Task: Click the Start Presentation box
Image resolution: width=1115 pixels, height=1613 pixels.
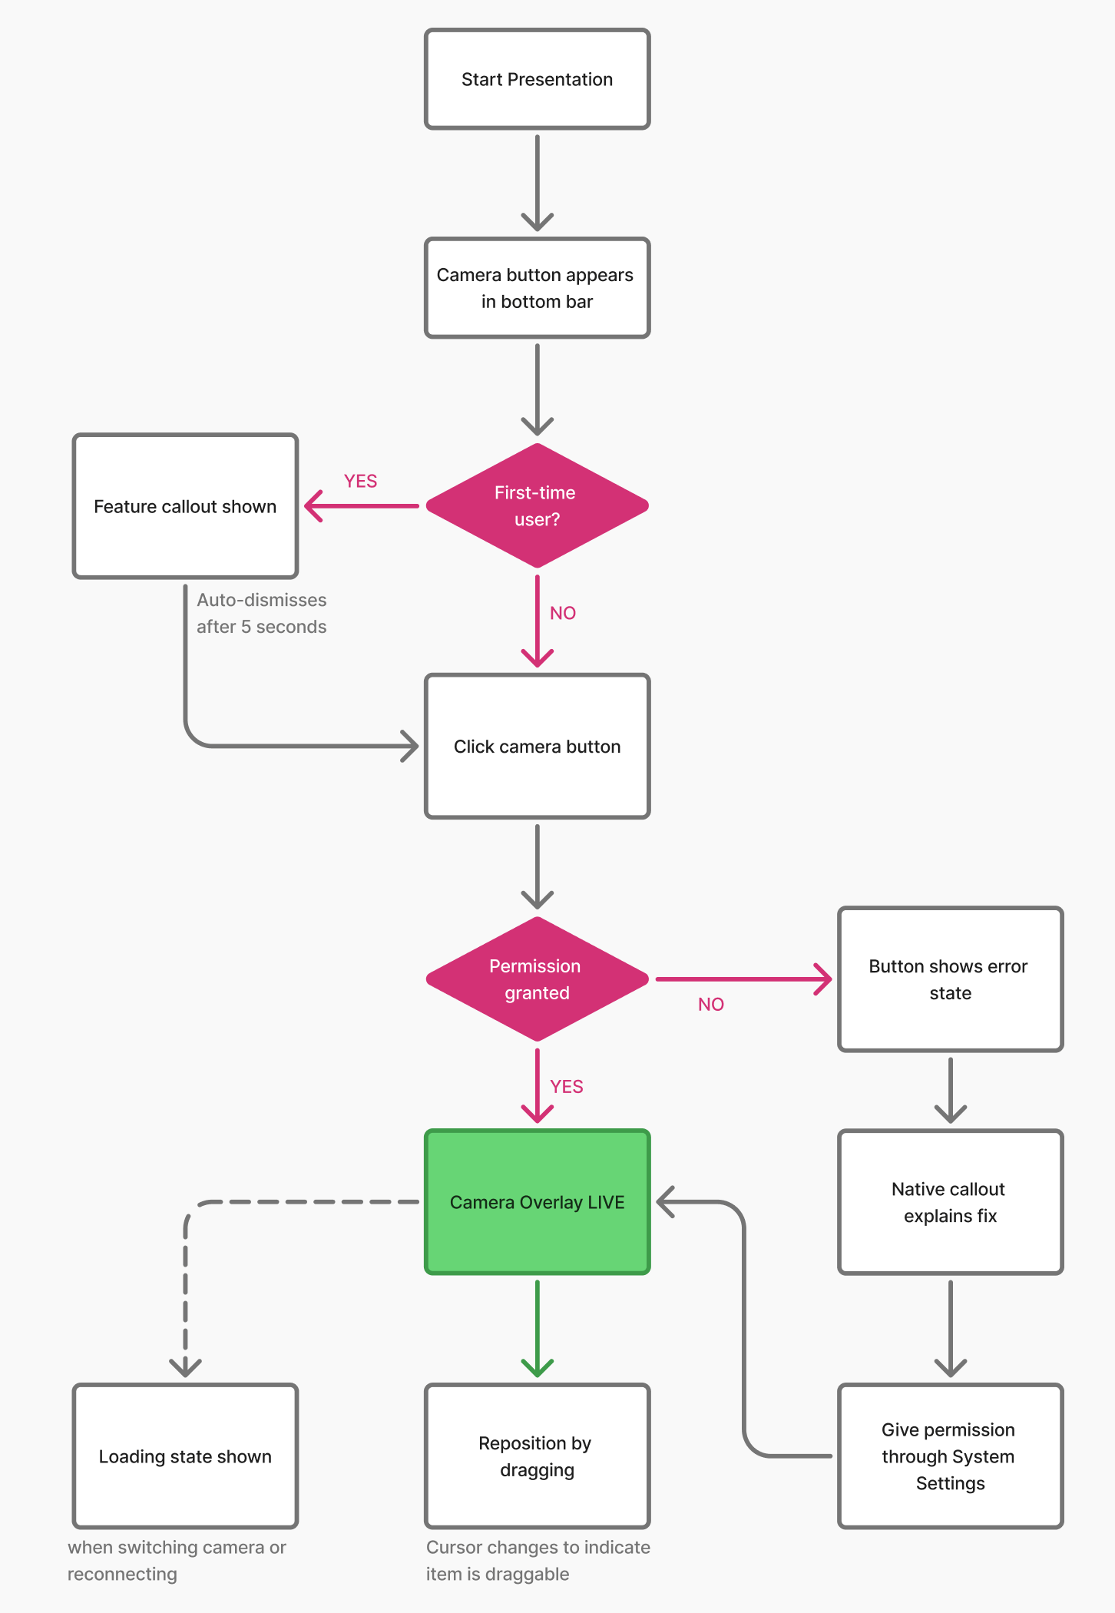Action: tap(538, 79)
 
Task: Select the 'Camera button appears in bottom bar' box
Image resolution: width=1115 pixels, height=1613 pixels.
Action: tap(538, 288)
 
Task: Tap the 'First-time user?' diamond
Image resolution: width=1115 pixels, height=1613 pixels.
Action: tap(538, 505)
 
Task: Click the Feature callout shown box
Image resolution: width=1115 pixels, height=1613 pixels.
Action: tap(185, 506)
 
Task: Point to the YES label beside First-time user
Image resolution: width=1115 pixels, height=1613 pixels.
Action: tap(360, 481)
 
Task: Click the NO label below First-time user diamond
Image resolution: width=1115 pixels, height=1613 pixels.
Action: tap(563, 613)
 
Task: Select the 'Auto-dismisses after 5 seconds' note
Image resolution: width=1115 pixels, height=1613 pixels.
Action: tap(262, 613)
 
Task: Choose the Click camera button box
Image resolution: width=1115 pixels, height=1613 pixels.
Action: tap(538, 747)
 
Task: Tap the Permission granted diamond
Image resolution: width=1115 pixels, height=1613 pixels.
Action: tap(538, 979)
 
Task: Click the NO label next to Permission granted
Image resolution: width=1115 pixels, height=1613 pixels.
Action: tap(711, 1004)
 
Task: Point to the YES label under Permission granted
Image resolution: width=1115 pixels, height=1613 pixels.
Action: tap(567, 1086)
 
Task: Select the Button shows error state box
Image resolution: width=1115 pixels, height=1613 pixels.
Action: tap(951, 979)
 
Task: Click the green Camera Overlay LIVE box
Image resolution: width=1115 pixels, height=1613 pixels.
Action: tap(538, 1202)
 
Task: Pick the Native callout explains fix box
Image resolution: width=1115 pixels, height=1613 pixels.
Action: tap(951, 1202)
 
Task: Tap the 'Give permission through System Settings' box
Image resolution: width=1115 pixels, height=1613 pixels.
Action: tap(951, 1456)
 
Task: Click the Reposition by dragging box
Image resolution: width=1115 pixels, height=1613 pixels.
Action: tap(538, 1456)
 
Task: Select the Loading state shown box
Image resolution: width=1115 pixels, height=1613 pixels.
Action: tap(185, 1456)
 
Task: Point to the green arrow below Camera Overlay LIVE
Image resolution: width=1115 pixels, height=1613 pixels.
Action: tap(538, 1328)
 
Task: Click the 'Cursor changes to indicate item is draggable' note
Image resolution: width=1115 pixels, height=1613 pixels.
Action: tap(538, 1561)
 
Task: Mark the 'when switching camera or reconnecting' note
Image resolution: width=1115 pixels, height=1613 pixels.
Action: tap(177, 1561)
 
